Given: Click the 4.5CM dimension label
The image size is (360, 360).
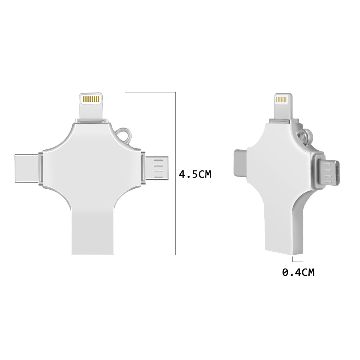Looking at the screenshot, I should click(195, 174).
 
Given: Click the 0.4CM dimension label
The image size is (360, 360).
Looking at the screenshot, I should click(298, 272).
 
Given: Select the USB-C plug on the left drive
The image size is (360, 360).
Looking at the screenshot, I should click(26, 168).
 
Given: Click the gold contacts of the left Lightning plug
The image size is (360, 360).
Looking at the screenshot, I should click(91, 99).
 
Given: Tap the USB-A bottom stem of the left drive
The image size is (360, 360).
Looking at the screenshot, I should click(93, 231).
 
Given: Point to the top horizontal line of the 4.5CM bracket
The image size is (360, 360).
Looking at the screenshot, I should click(150, 92).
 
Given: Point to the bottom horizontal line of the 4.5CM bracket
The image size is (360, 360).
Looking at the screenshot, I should click(150, 255).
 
